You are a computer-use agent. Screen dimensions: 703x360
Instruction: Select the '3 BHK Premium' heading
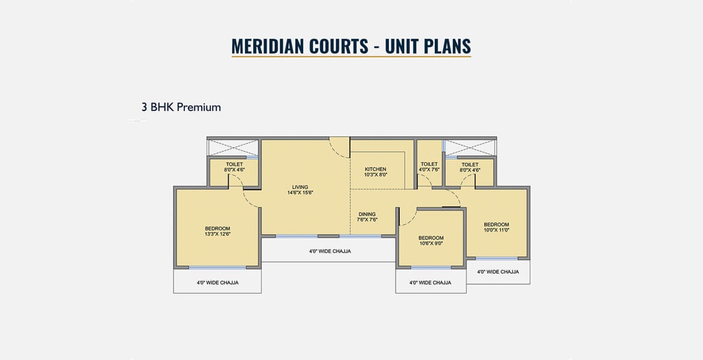[181, 107]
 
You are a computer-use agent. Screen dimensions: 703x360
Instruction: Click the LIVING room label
[300, 187]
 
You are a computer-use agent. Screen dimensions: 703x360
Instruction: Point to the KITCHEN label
[376, 169]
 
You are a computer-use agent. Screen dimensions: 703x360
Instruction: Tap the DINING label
[367, 214]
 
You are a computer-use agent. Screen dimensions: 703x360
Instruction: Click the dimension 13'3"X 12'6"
[218, 234]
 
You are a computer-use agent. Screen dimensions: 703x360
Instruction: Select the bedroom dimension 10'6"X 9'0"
[431, 244]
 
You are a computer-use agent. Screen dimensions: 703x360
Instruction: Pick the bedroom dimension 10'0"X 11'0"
[496, 230]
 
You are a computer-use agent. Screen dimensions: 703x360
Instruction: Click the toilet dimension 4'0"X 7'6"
[429, 170]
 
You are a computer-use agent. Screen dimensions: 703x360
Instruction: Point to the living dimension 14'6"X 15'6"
[300, 193]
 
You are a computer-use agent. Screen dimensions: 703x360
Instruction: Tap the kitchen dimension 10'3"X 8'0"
[376, 175]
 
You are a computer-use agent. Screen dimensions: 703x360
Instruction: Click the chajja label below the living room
[330, 251]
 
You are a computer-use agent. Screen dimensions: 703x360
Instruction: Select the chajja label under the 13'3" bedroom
[217, 283]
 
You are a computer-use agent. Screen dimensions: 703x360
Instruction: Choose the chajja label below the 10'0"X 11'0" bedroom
[498, 272]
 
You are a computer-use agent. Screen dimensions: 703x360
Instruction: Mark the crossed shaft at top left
[233, 148]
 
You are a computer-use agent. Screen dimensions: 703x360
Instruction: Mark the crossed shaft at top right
[469, 148]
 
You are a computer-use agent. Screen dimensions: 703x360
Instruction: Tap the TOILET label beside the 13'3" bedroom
[234, 164]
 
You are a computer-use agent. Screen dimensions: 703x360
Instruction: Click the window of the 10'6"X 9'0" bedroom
[431, 268]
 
